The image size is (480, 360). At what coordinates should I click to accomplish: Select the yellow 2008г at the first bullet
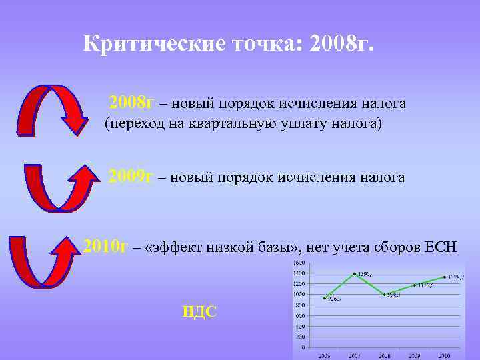(131, 103)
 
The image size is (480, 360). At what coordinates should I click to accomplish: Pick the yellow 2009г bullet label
(131, 177)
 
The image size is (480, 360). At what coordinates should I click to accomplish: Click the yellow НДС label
(200, 311)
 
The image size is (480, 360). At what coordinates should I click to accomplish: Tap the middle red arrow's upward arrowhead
(83, 175)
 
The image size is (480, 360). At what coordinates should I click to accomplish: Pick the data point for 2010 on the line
(445, 277)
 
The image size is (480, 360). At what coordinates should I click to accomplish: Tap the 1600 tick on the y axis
(299, 263)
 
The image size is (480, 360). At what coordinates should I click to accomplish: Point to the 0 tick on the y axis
(303, 347)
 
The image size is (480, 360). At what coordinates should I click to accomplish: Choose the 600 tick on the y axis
(301, 315)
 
